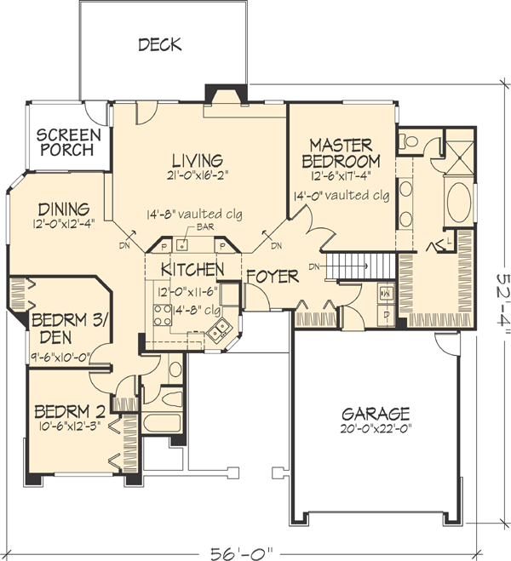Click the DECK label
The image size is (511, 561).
[x=160, y=45]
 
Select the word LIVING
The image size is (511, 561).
[x=196, y=160]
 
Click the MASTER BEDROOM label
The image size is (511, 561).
[x=343, y=152]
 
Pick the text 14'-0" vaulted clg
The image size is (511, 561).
[x=340, y=195]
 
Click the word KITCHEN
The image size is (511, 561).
[x=192, y=270]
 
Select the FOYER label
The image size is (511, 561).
[x=273, y=277]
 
